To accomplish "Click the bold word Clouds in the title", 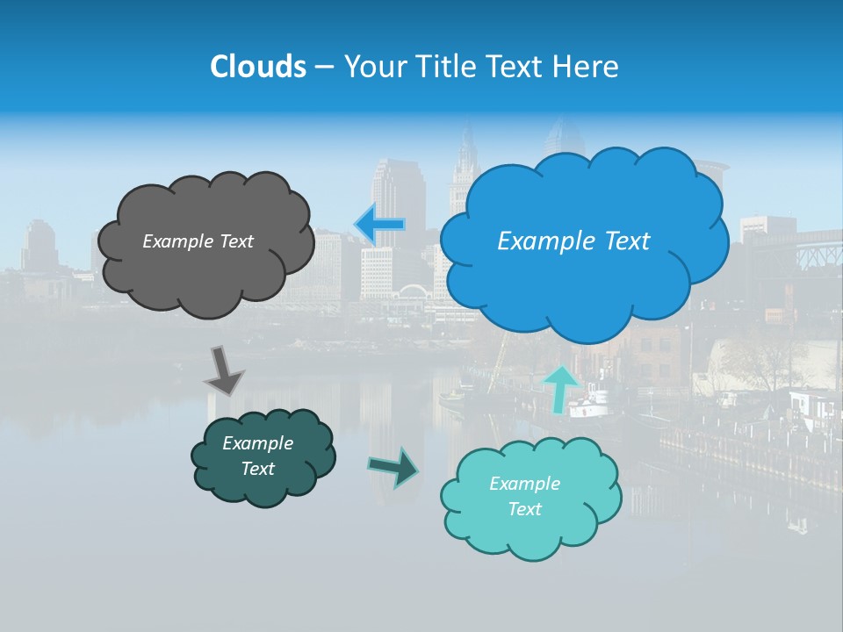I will coord(258,67).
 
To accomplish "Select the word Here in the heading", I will coord(587,67).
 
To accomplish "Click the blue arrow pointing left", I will coord(379,225).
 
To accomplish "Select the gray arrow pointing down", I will coord(224,370).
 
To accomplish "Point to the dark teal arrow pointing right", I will coord(393,466).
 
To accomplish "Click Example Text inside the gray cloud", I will coord(198,241).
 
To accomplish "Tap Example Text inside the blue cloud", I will coord(573,241).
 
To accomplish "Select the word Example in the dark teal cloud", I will coord(257,443).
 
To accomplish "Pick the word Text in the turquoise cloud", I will coord(524,509).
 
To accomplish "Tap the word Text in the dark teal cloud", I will coord(257,469).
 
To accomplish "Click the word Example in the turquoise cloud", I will coord(524,484).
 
